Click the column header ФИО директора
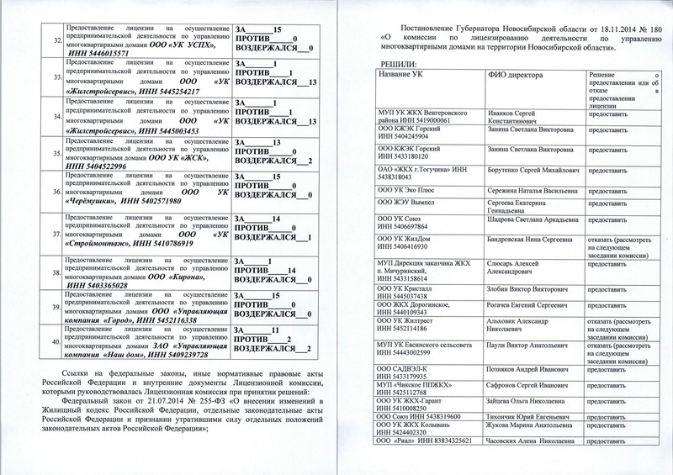[x=517, y=77]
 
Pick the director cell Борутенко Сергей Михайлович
[x=533, y=170]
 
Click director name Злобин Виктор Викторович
[x=530, y=290]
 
